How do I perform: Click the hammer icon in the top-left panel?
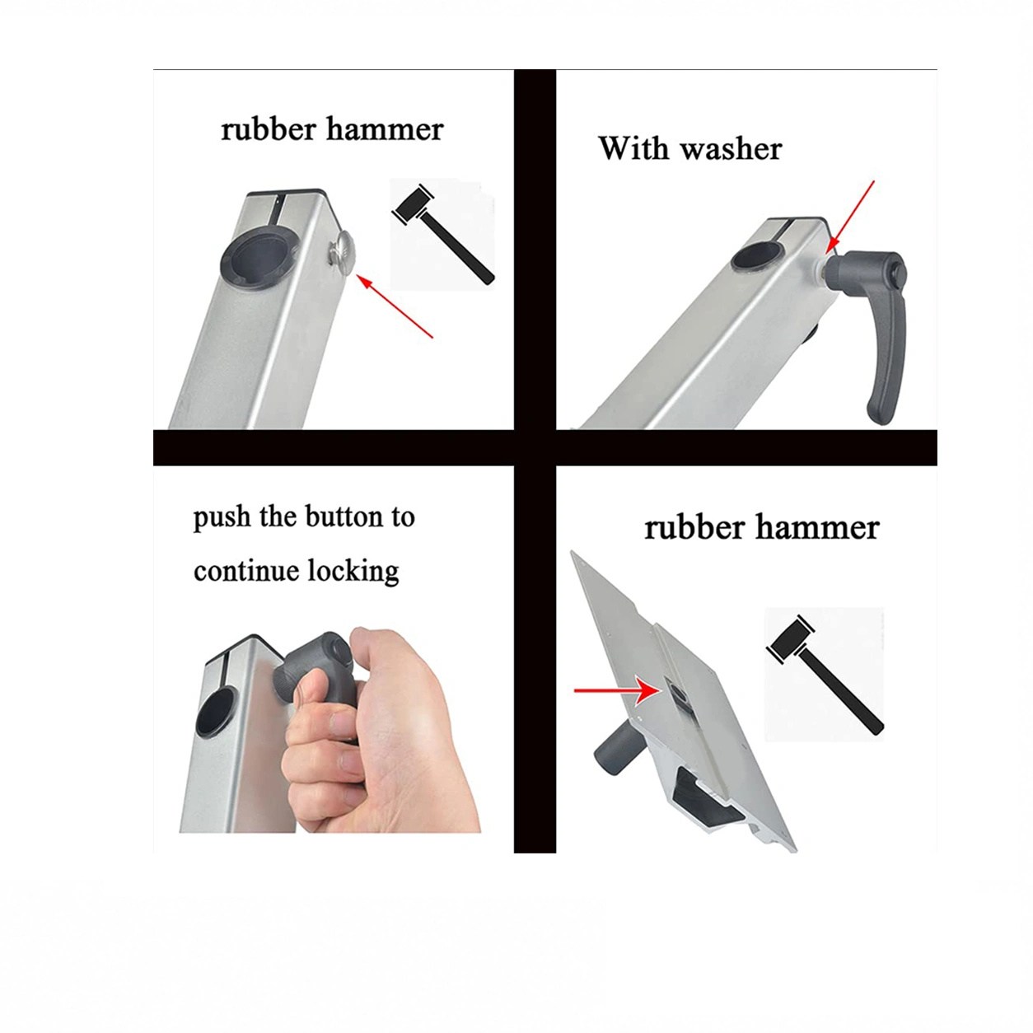click(x=443, y=234)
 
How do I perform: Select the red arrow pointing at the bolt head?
click(x=395, y=306)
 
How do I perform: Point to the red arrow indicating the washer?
click(x=850, y=217)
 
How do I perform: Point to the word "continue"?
click(x=246, y=571)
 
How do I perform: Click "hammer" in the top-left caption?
click(x=385, y=129)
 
